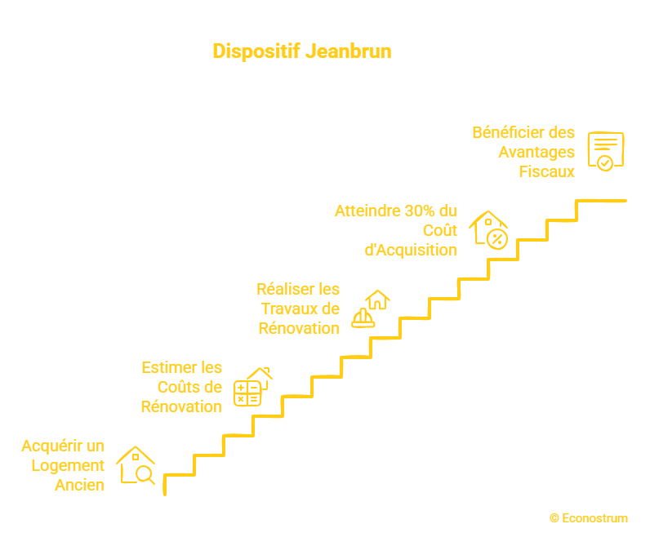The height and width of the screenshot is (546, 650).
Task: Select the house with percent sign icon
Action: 489,229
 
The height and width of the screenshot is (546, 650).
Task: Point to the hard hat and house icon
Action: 370,309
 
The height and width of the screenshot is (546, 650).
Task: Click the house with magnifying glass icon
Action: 136,465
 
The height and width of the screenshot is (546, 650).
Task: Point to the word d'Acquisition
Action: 410,250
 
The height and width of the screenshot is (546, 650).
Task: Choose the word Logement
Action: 69,465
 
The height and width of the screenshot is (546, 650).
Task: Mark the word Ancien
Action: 79,485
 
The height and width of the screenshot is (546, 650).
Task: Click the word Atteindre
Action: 366,211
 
